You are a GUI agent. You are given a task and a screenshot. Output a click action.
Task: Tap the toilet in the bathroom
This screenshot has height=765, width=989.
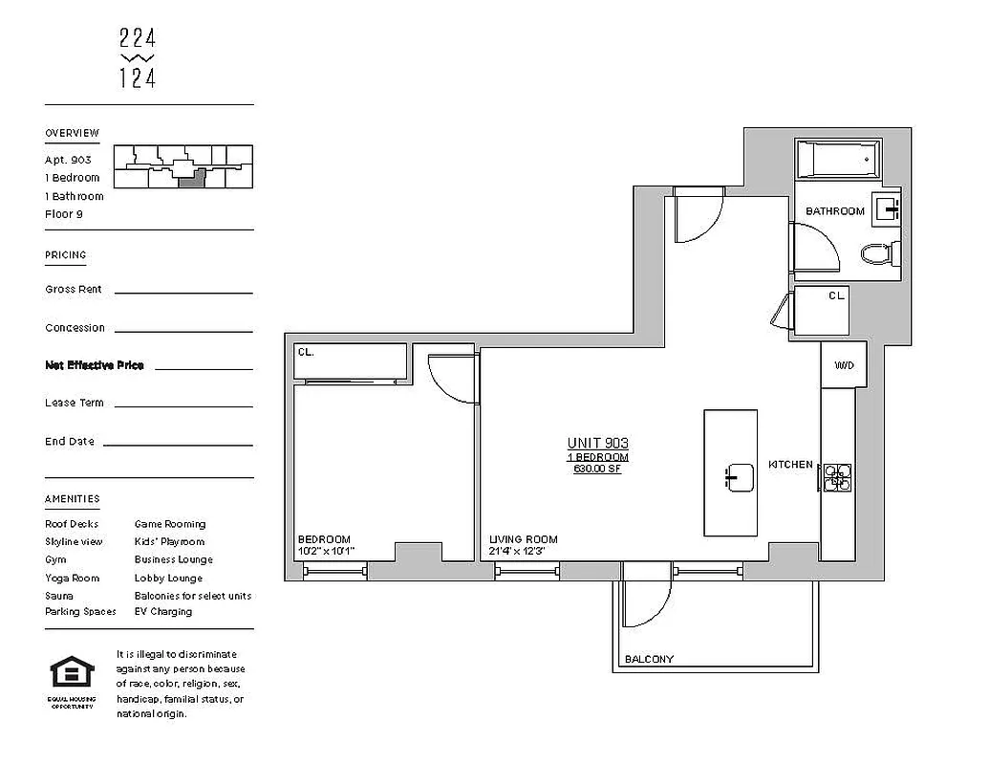(x=876, y=253)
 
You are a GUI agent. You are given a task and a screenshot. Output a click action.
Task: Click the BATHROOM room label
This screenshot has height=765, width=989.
(x=834, y=211)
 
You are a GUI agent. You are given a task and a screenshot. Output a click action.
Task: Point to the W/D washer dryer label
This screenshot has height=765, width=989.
(x=844, y=365)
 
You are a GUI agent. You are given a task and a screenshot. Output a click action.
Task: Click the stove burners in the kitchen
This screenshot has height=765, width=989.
(x=838, y=477)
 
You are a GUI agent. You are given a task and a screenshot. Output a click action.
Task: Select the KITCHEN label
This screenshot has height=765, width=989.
(x=790, y=465)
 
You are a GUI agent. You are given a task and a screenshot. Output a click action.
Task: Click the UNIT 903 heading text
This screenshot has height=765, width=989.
(x=597, y=443)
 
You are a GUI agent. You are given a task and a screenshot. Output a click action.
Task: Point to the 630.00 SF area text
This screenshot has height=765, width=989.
(x=597, y=469)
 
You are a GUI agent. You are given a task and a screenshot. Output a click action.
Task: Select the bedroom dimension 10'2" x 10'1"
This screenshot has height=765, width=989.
(x=326, y=552)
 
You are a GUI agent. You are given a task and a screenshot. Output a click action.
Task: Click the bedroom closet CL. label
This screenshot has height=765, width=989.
(x=306, y=352)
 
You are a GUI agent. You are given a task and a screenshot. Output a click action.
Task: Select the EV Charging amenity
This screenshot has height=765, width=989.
(x=162, y=612)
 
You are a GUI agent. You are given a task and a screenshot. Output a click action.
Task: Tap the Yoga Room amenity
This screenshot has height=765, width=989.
(x=72, y=578)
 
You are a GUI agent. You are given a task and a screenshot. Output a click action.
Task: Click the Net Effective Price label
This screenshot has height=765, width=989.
(x=95, y=365)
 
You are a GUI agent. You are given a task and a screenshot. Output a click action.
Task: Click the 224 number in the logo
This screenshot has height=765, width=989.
(x=138, y=39)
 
